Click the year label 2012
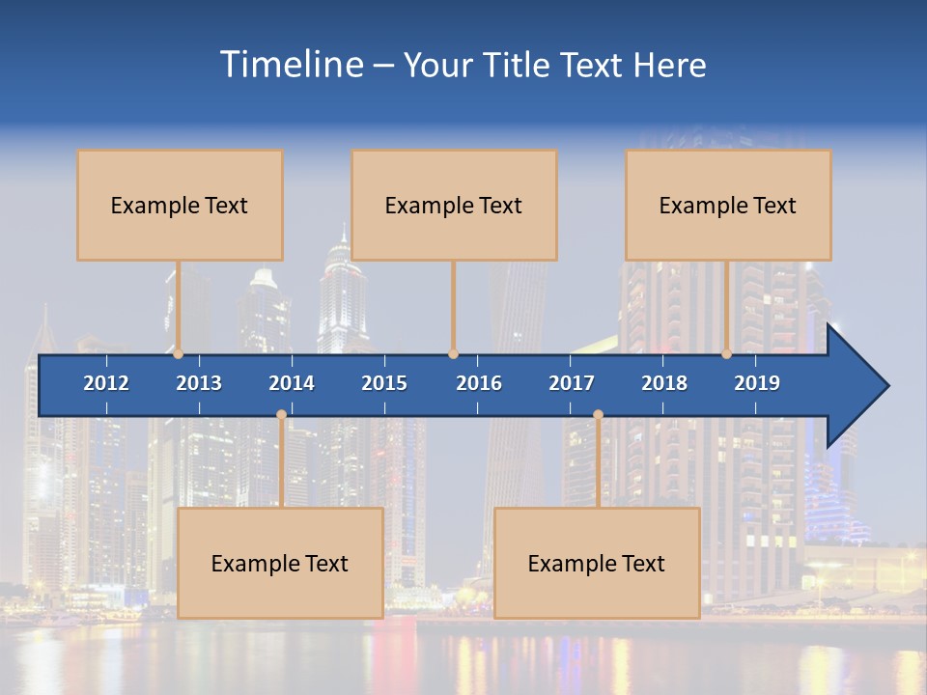(x=106, y=383)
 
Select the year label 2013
(x=199, y=383)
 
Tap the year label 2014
(x=292, y=383)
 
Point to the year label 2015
(x=384, y=383)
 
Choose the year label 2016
(x=479, y=383)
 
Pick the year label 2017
(x=572, y=383)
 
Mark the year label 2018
(x=664, y=383)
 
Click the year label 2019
(x=757, y=383)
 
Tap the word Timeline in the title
(x=292, y=65)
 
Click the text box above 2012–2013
(x=180, y=205)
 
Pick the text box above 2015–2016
(x=454, y=205)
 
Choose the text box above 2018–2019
(x=728, y=205)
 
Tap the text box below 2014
(x=280, y=563)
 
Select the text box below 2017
(x=597, y=563)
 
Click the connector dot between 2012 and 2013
(x=179, y=354)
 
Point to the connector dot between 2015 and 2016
(x=453, y=354)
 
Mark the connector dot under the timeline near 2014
(x=281, y=415)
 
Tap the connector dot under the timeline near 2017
(x=598, y=415)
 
